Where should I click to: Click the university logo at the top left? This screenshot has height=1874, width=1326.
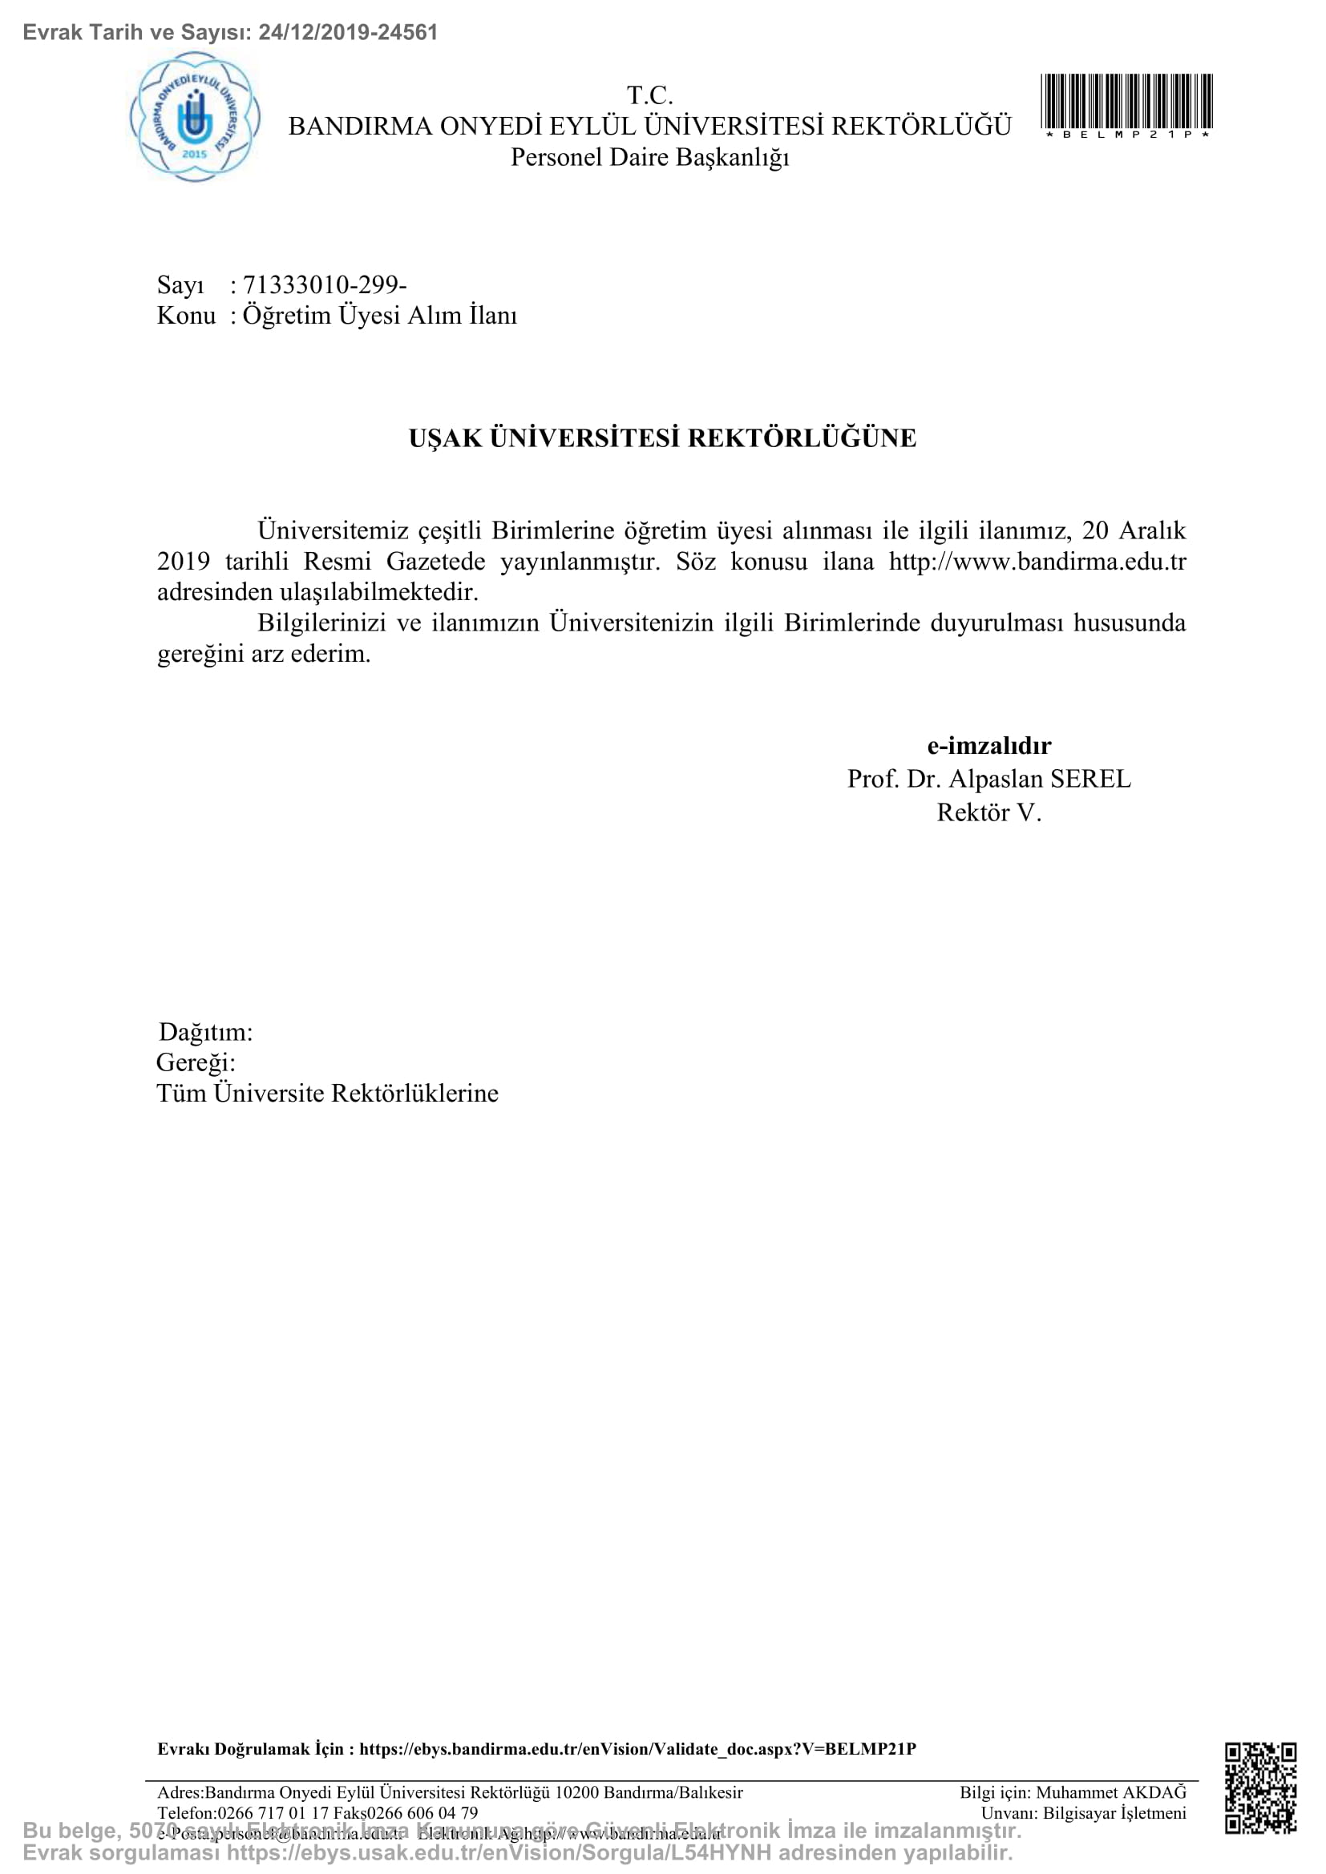195,117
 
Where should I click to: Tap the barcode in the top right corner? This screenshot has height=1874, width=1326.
1126,101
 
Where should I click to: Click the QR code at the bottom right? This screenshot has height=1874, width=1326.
1260,1788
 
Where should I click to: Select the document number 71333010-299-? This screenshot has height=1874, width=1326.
325,285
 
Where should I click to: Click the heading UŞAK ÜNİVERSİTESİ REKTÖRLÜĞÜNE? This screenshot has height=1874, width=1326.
662,438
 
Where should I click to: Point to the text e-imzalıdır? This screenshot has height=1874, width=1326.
988,745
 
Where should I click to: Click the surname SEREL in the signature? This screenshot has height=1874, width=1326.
1091,779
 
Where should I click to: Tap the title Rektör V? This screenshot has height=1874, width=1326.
988,812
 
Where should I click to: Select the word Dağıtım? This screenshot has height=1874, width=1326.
206,1032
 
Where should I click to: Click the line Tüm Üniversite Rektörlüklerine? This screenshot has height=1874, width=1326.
327,1093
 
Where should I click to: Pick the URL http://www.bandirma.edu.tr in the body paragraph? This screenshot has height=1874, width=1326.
1037,562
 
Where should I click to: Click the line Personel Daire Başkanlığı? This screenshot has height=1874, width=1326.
650,157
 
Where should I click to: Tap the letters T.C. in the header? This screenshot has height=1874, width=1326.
650,95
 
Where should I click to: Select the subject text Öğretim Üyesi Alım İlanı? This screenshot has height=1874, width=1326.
380,316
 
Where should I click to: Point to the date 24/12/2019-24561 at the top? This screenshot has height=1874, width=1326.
348,32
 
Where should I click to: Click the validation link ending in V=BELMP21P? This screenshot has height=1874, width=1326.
637,1748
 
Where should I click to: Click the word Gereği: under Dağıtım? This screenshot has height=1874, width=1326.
196,1062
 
